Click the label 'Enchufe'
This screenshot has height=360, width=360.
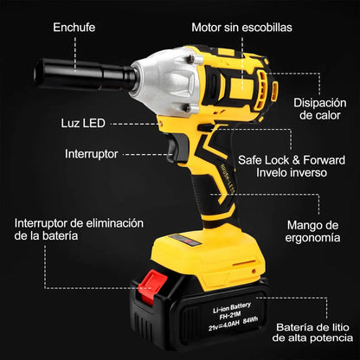(x=74, y=28)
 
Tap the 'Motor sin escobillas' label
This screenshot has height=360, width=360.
(x=241, y=28)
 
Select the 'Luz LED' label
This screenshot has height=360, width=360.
(x=83, y=123)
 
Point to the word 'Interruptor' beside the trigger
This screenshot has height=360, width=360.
(x=92, y=154)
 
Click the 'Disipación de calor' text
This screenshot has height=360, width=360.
(x=320, y=109)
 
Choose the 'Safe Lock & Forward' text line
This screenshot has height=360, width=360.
(x=292, y=160)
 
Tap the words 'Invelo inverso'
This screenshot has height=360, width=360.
(x=292, y=172)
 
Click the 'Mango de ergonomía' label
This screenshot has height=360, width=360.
(x=312, y=231)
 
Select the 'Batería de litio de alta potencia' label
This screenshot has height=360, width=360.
(x=312, y=332)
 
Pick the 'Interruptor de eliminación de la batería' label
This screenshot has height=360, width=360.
(x=79, y=229)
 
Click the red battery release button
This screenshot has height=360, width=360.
(x=151, y=286)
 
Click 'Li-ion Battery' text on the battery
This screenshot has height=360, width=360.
(x=232, y=307)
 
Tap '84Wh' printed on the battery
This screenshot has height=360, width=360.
(x=250, y=320)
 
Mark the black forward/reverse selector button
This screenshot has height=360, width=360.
(x=204, y=128)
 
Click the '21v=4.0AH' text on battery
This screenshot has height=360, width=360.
(x=224, y=325)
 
